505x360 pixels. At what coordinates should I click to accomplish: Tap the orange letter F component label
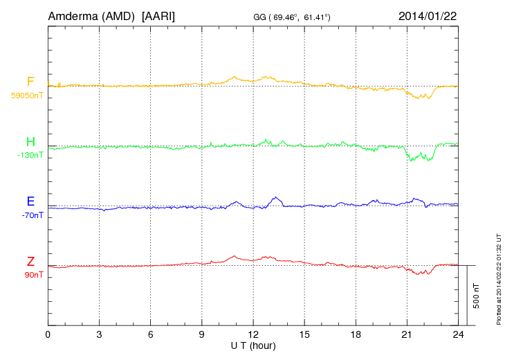pyautogui.click(x=30, y=82)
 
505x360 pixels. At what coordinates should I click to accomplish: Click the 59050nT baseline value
pyautogui.click(x=26, y=96)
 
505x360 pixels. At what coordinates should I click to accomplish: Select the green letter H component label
pyautogui.click(x=30, y=143)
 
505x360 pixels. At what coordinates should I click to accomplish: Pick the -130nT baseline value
pyautogui.click(x=30, y=156)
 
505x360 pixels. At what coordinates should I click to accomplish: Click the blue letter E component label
pyautogui.click(x=30, y=202)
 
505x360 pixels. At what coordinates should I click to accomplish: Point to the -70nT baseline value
pyautogui.click(x=32, y=215)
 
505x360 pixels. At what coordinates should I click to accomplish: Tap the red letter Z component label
pyautogui.click(x=30, y=262)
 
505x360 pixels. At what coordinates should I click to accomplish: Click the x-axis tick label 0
pyautogui.click(x=48, y=334)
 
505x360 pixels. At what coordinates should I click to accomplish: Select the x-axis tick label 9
pyautogui.click(x=202, y=334)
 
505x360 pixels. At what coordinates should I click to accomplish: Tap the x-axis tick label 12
pyautogui.click(x=253, y=334)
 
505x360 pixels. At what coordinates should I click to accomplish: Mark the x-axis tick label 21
pyautogui.click(x=407, y=334)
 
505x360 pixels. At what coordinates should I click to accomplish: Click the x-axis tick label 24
pyautogui.click(x=458, y=334)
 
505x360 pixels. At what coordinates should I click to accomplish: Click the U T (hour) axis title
pyautogui.click(x=252, y=345)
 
